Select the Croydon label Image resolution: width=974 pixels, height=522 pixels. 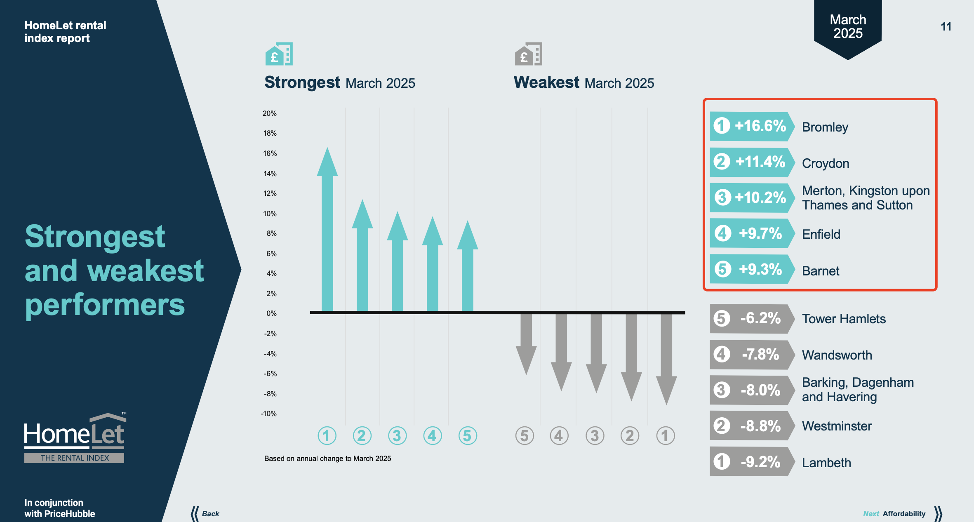(x=825, y=163)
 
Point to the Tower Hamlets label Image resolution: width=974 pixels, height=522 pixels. (x=844, y=319)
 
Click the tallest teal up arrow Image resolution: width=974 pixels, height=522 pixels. (x=327, y=231)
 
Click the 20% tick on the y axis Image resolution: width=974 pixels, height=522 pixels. (x=270, y=113)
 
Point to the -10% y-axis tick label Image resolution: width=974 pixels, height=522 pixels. (x=269, y=414)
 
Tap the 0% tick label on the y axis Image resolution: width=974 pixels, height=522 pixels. (x=271, y=313)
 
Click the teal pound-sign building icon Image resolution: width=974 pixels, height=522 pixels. (x=279, y=54)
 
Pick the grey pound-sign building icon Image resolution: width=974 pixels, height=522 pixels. (x=528, y=54)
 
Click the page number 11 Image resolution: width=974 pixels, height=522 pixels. (x=946, y=27)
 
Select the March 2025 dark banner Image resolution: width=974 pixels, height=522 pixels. (x=848, y=27)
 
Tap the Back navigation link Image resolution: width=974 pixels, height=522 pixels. (x=206, y=514)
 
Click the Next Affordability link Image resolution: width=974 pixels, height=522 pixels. (x=899, y=514)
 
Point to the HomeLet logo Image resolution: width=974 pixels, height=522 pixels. (x=75, y=437)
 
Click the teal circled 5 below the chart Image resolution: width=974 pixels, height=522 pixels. (x=468, y=436)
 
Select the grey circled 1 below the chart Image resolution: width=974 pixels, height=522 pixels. (x=665, y=436)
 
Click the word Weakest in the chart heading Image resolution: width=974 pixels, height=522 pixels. (x=546, y=82)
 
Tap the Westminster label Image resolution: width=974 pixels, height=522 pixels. (x=837, y=426)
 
